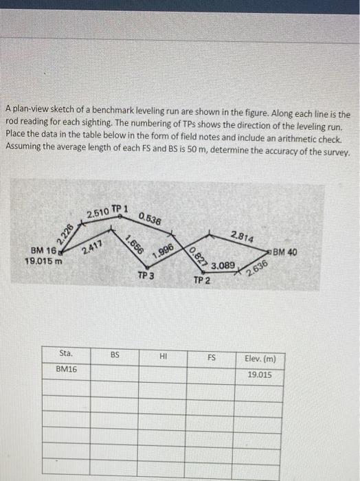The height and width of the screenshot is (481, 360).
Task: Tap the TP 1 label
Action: [x=120, y=208]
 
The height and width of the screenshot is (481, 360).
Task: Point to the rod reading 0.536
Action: [x=150, y=219]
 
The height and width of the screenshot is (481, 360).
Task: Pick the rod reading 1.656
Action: [x=134, y=245]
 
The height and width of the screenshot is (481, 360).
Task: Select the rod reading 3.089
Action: [x=223, y=265]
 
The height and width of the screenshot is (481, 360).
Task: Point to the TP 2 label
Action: [x=201, y=280]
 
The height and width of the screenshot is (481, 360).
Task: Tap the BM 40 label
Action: [x=284, y=252]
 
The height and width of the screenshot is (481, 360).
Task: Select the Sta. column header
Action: [x=66, y=355]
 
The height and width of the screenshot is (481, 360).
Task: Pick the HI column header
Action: [x=163, y=356]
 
